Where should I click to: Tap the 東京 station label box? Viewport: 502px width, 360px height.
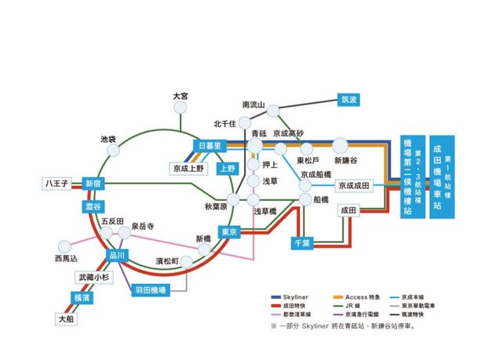click(229, 232)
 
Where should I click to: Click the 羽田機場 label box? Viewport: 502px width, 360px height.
click(151, 289)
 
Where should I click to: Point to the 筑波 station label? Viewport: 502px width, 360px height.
click(348, 100)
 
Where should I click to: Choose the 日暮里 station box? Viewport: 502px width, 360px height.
click(211, 147)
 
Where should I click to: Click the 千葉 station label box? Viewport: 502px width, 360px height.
click(302, 244)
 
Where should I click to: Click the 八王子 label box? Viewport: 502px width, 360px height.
click(57, 184)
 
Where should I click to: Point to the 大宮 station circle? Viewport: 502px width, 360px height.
click(180, 107)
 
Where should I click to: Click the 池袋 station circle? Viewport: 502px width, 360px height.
click(113, 149)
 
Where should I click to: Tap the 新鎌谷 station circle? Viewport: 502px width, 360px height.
click(340, 145)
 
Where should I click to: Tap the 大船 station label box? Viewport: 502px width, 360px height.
click(67, 319)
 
